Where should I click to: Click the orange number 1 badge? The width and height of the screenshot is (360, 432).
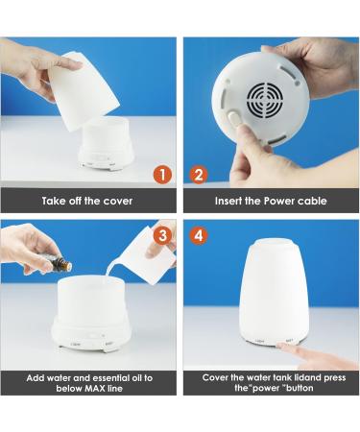(164, 175)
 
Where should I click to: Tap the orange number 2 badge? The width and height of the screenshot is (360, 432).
(199, 175)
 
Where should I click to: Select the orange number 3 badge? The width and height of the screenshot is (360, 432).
(164, 234)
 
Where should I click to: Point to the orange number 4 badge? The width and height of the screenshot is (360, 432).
(199, 234)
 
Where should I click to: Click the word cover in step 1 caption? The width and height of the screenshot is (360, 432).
(115, 202)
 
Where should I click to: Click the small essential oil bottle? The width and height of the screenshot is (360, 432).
(59, 263)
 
